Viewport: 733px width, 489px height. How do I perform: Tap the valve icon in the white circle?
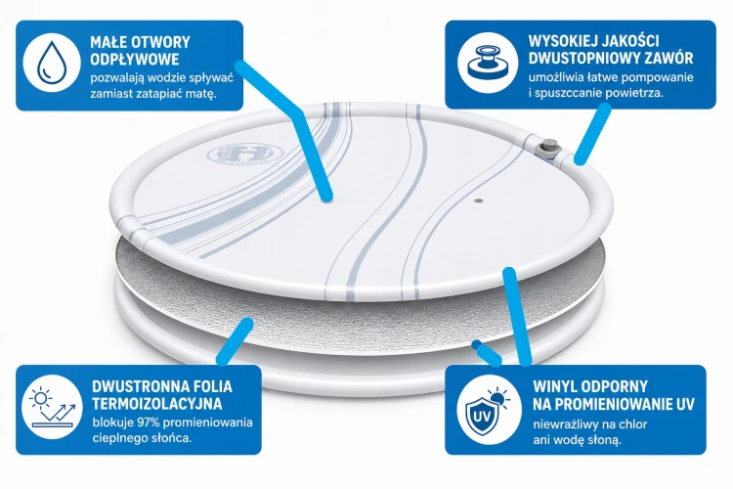click(488, 62)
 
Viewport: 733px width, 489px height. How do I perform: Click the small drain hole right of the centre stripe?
click(478, 200)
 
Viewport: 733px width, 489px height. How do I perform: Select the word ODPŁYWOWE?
click(135, 60)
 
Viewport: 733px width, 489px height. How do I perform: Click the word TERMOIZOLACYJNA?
click(157, 403)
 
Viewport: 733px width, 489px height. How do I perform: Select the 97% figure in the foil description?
click(149, 422)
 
